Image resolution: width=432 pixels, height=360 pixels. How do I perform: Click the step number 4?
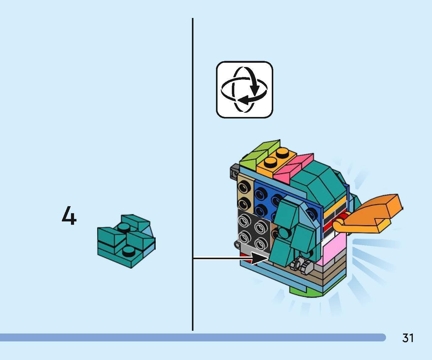point(69,216)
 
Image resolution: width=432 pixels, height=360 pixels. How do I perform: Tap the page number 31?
point(408,338)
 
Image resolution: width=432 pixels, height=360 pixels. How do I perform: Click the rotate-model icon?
point(244,90)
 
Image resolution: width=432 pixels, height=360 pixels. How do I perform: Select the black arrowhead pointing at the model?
point(260,259)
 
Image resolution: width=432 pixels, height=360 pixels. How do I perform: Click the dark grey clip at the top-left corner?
point(235,172)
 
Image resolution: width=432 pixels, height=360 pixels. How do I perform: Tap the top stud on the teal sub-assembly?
point(124,227)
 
